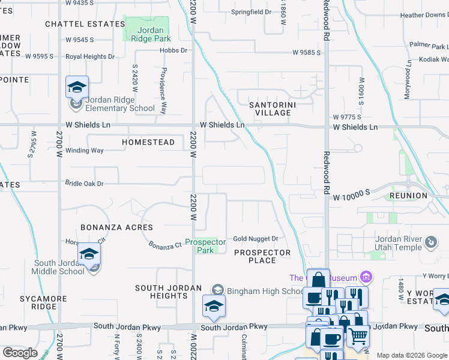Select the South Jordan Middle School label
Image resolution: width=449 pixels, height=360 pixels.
tap(59, 267)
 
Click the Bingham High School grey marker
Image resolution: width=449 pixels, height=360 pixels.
tap(217, 291)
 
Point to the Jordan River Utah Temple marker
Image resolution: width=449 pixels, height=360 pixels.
tap(430, 242)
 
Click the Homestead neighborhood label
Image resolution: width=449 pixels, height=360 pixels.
tap(148, 142)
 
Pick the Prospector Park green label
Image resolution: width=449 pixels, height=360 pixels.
tap(205, 246)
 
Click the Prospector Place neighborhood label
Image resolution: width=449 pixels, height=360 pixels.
tap(262, 256)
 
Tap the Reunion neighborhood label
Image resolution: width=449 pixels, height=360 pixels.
tap(408, 196)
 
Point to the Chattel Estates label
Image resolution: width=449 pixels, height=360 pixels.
tap(85, 24)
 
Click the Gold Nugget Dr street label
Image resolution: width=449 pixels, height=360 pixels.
tap(256, 239)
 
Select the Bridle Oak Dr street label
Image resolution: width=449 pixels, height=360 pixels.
tap(84, 183)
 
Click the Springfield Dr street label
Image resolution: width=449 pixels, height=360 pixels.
tap(252, 11)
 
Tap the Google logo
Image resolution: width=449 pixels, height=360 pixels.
tap(20, 352)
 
